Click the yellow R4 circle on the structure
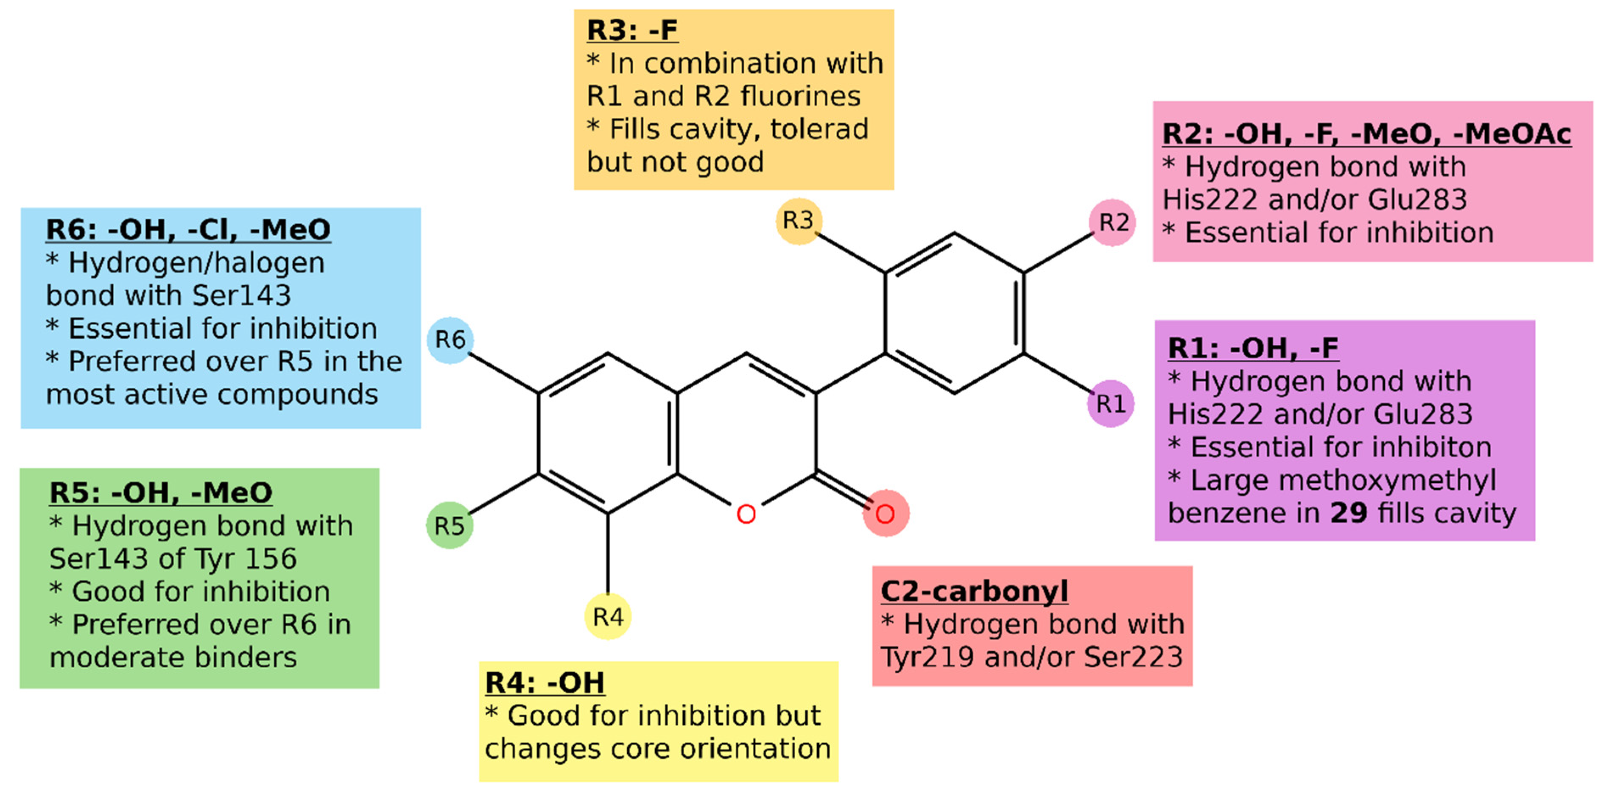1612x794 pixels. click(x=608, y=616)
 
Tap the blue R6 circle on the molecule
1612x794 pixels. click(x=450, y=340)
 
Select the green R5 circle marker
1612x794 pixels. click(x=449, y=526)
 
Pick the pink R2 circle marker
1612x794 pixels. click(x=1113, y=222)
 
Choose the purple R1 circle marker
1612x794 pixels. click(x=1111, y=404)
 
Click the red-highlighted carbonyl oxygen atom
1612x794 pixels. click(x=885, y=514)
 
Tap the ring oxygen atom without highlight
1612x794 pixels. click(x=746, y=514)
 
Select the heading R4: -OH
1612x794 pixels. click(x=545, y=683)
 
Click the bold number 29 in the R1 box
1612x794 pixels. click(x=1349, y=513)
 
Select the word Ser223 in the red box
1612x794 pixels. click(x=1133, y=657)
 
